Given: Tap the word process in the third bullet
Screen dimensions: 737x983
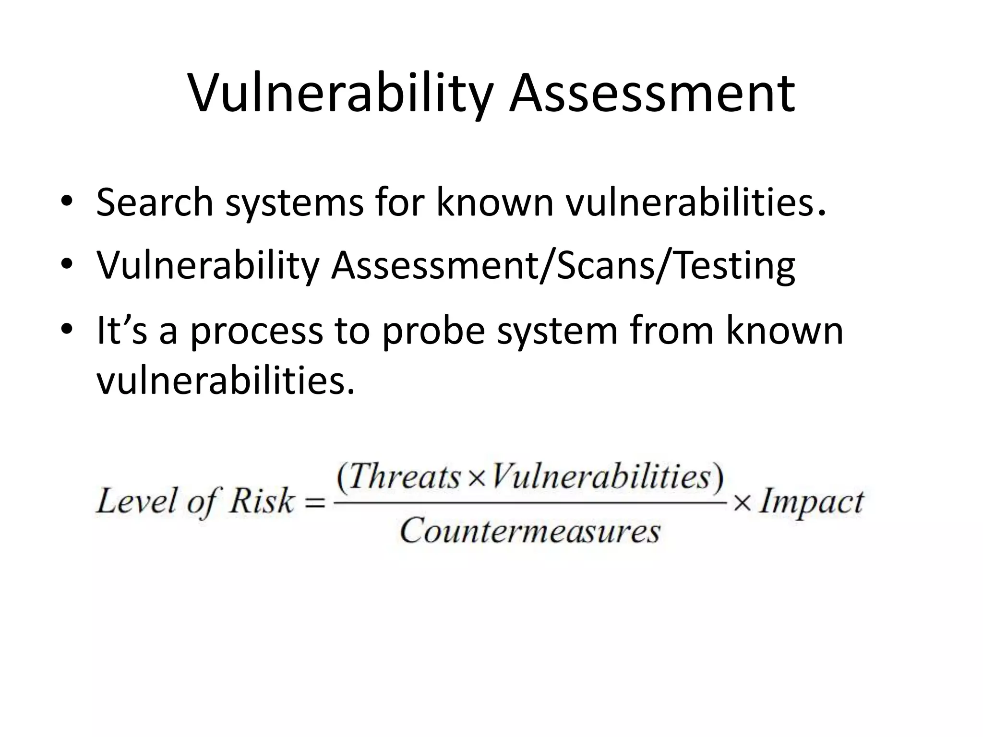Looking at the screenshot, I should pyautogui.click(x=257, y=332).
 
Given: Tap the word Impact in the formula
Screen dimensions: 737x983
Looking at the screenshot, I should pyautogui.click(x=811, y=502).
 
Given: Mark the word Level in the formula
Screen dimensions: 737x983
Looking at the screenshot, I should pyautogui.click(x=136, y=502).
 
